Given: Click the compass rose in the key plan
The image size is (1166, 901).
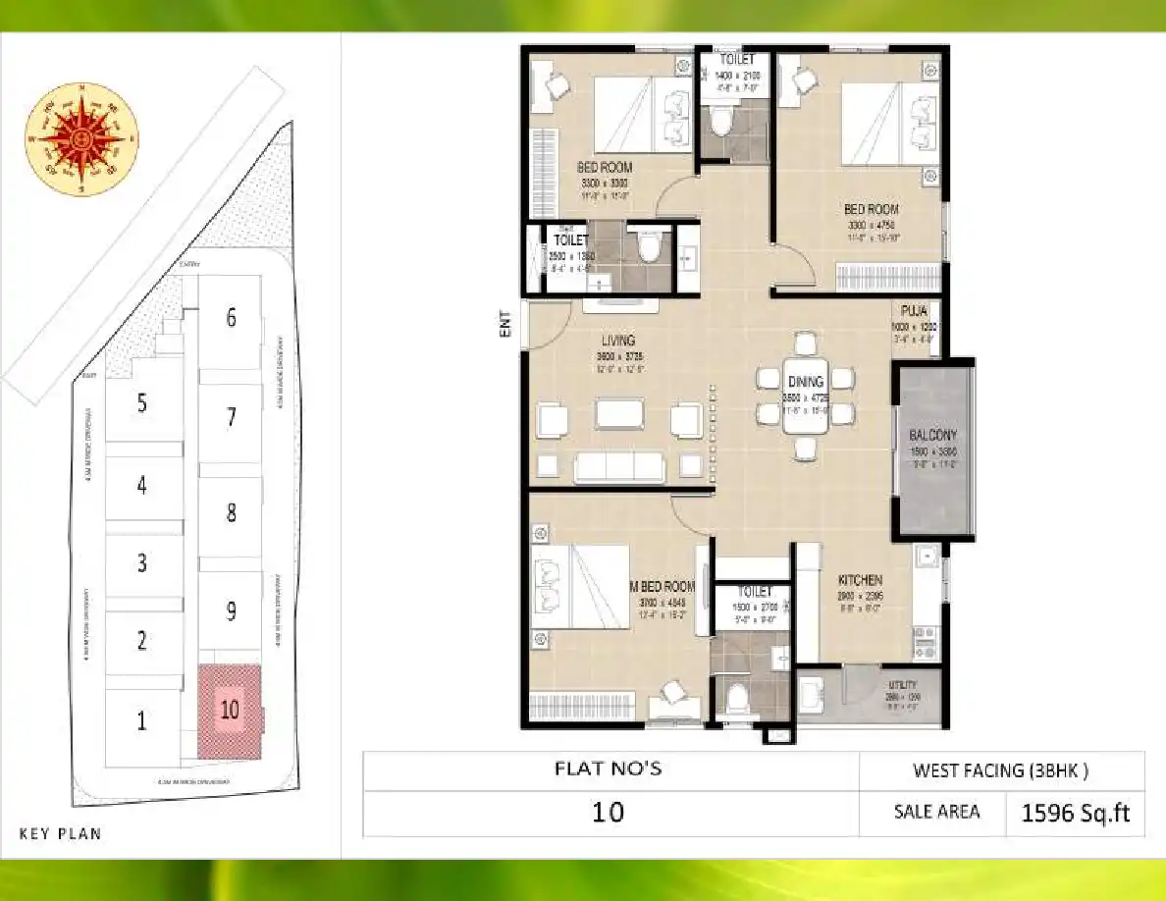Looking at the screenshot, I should pos(81,138).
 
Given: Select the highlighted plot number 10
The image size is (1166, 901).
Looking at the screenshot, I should pos(230,711).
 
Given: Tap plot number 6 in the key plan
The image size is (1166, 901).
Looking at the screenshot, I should pos(231,318).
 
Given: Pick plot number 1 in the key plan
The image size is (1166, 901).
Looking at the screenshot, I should pos(142,721).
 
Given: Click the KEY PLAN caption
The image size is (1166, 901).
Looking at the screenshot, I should pos(60,834).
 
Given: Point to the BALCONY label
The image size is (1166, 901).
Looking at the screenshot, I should pos(932,435).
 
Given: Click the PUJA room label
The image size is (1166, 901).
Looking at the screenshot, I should pos(915,310).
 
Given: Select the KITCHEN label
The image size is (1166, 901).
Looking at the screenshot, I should pos(859,580).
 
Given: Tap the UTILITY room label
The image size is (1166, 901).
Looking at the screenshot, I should pos(902,685).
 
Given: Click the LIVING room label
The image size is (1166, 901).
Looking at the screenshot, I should pos(618,341).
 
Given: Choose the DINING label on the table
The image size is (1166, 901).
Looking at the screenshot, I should pos(805,382).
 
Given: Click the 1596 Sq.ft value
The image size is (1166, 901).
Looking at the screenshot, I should pos(1076,813).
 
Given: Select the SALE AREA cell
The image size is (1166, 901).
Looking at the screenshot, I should pos(935,813).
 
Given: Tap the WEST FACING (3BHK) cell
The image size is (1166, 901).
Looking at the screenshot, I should pos(1000,770).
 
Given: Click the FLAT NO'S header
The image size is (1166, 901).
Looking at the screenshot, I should pos(609,768).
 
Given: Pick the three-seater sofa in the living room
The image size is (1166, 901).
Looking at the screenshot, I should pos(619,466).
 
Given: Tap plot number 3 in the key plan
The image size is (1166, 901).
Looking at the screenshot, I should pos(142,563).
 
